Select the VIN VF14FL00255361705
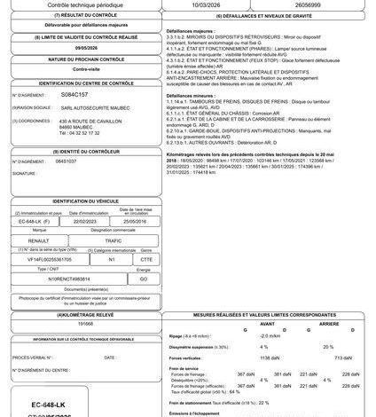[47, 258]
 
